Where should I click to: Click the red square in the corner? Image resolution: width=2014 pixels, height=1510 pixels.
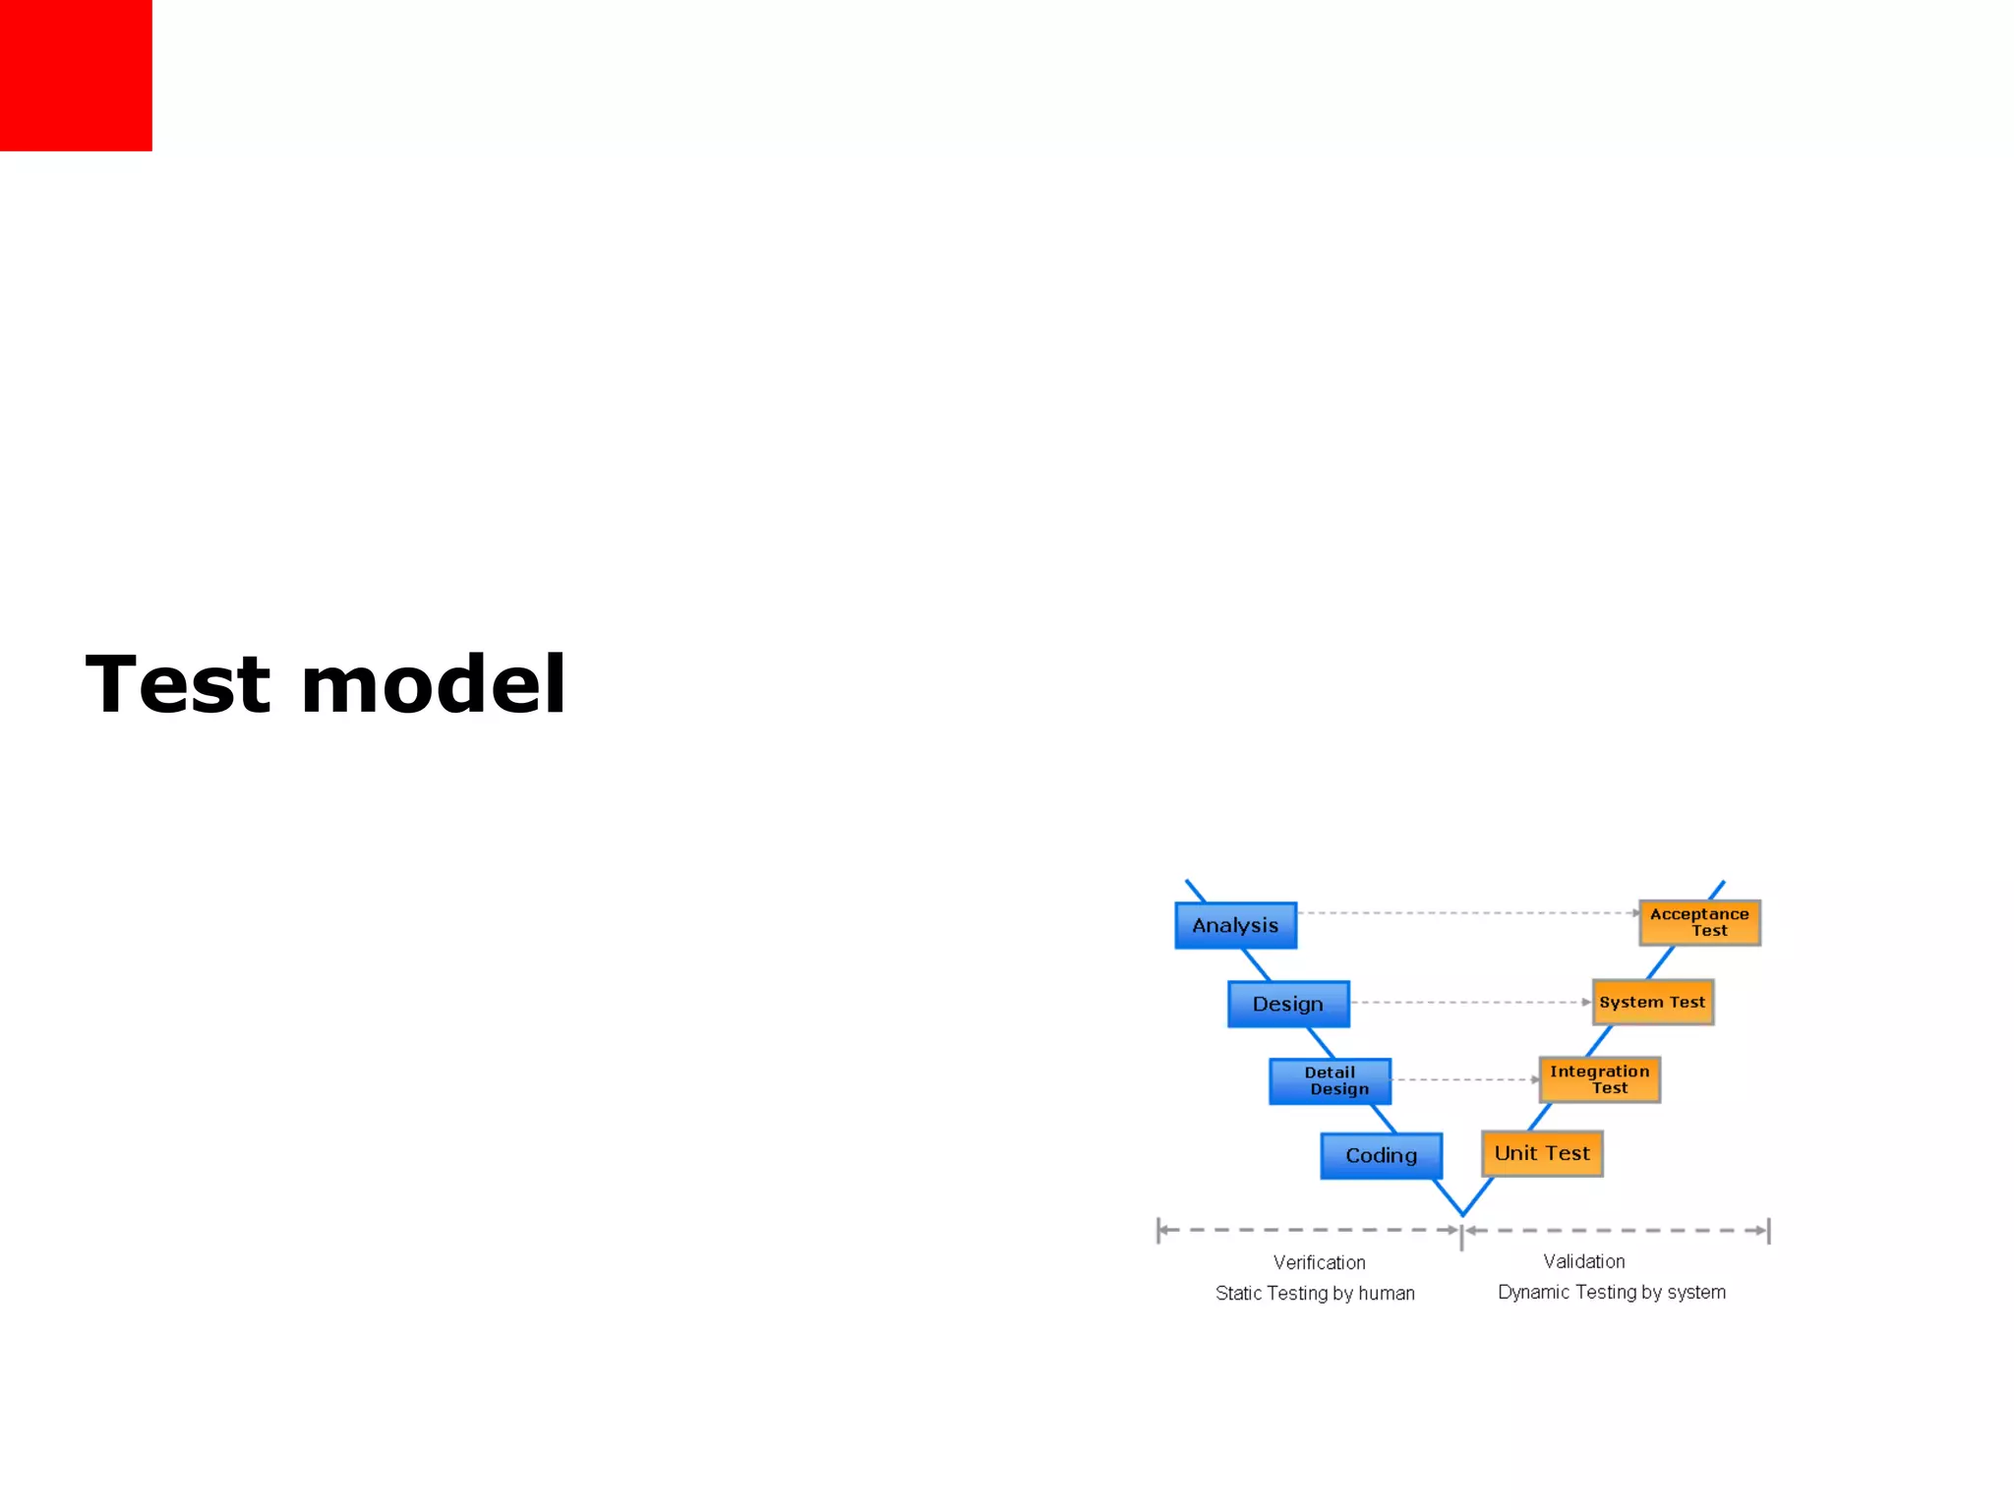point(76,75)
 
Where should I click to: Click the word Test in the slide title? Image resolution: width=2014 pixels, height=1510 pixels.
point(177,684)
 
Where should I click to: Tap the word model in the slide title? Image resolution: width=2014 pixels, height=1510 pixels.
point(433,684)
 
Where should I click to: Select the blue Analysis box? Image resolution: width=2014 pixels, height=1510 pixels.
point(1235,925)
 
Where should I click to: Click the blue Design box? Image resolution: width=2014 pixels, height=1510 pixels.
point(1288,1004)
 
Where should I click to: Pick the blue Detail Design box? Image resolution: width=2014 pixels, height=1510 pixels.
point(1330,1081)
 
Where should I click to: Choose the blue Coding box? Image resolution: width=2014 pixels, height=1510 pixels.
point(1381,1155)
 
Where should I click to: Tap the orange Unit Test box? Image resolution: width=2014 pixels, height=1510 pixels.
point(1542,1153)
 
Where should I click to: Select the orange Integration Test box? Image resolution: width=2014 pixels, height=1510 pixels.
point(1599,1079)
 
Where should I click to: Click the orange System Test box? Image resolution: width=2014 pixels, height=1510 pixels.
point(1652,1002)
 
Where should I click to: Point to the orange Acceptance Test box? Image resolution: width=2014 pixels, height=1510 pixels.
point(1699,922)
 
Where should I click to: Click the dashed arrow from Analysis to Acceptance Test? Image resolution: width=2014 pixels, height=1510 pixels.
point(1465,913)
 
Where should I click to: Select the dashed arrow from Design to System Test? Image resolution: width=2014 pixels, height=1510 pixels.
point(1470,1002)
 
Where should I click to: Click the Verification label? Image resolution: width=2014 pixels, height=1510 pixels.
point(1319,1262)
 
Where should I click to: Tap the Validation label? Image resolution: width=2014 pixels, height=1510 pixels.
point(1583,1261)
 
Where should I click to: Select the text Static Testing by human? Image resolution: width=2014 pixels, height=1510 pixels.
point(1315,1293)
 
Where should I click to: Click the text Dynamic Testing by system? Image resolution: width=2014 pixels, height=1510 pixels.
point(1611,1292)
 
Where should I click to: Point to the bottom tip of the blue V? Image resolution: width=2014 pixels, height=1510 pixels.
point(1462,1214)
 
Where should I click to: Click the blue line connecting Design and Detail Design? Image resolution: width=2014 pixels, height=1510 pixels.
point(1321,1043)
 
